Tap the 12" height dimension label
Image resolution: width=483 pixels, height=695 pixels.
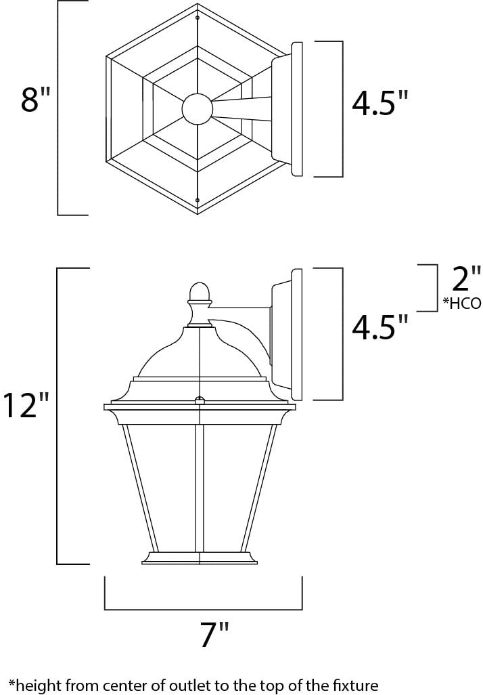26,405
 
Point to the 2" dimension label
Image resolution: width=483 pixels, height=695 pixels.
466,279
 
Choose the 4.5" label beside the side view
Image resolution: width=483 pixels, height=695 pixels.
380,327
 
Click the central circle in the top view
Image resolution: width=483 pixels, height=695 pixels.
198,109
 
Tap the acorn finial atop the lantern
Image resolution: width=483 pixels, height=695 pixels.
199,292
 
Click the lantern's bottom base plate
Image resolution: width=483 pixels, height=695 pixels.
200,557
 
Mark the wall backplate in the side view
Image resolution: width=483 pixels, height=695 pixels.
295,334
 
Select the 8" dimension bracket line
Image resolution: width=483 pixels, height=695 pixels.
59,108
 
